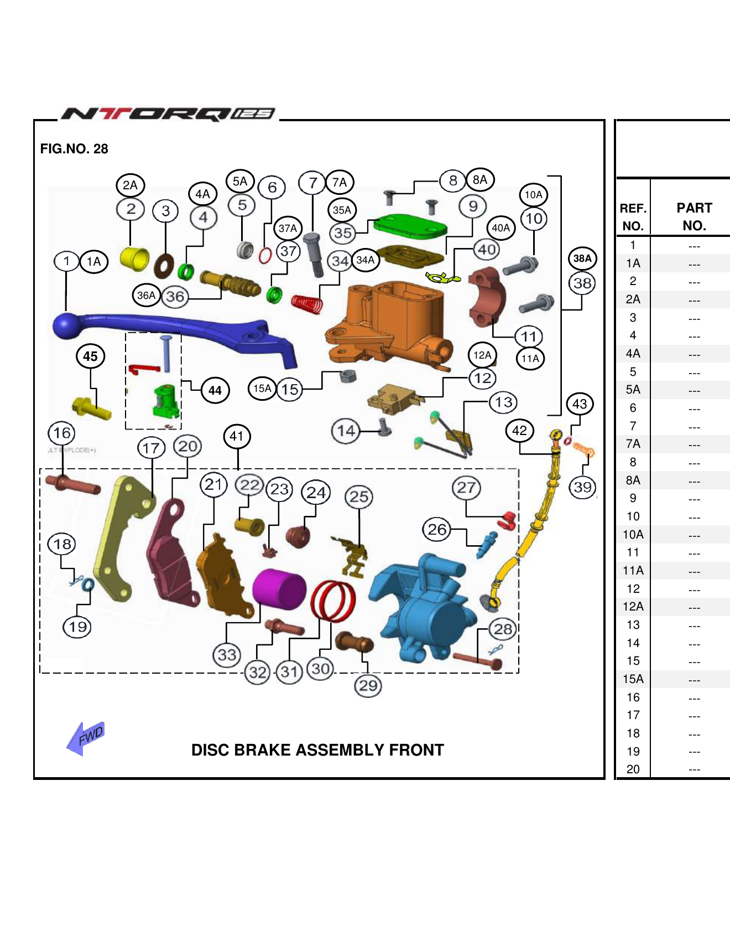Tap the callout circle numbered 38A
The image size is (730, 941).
tap(582, 258)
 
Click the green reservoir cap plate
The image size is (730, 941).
tap(410, 226)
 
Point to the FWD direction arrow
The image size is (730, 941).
tap(85, 738)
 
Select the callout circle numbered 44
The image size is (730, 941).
tap(215, 391)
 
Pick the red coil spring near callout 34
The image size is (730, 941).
tap(307, 304)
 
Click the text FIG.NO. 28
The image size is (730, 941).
tap(74, 149)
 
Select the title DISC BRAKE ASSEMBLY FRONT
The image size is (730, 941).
tap(317, 750)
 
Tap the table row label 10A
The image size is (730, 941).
tap(633, 535)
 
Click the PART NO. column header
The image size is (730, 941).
tap(694, 216)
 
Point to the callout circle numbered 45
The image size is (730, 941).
tap(90, 356)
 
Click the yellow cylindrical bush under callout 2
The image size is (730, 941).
tap(134, 258)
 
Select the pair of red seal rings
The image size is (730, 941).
tap(333, 601)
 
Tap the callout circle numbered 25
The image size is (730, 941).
tap(359, 497)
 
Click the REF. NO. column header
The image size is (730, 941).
tap(633, 216)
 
